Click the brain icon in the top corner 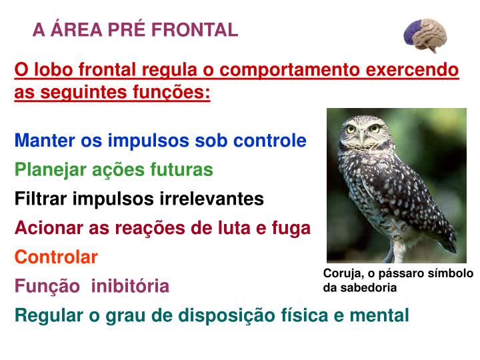pos(425,35)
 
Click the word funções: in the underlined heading pos(173,92)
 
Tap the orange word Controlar pos(57,257)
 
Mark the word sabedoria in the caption pos(367,288)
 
